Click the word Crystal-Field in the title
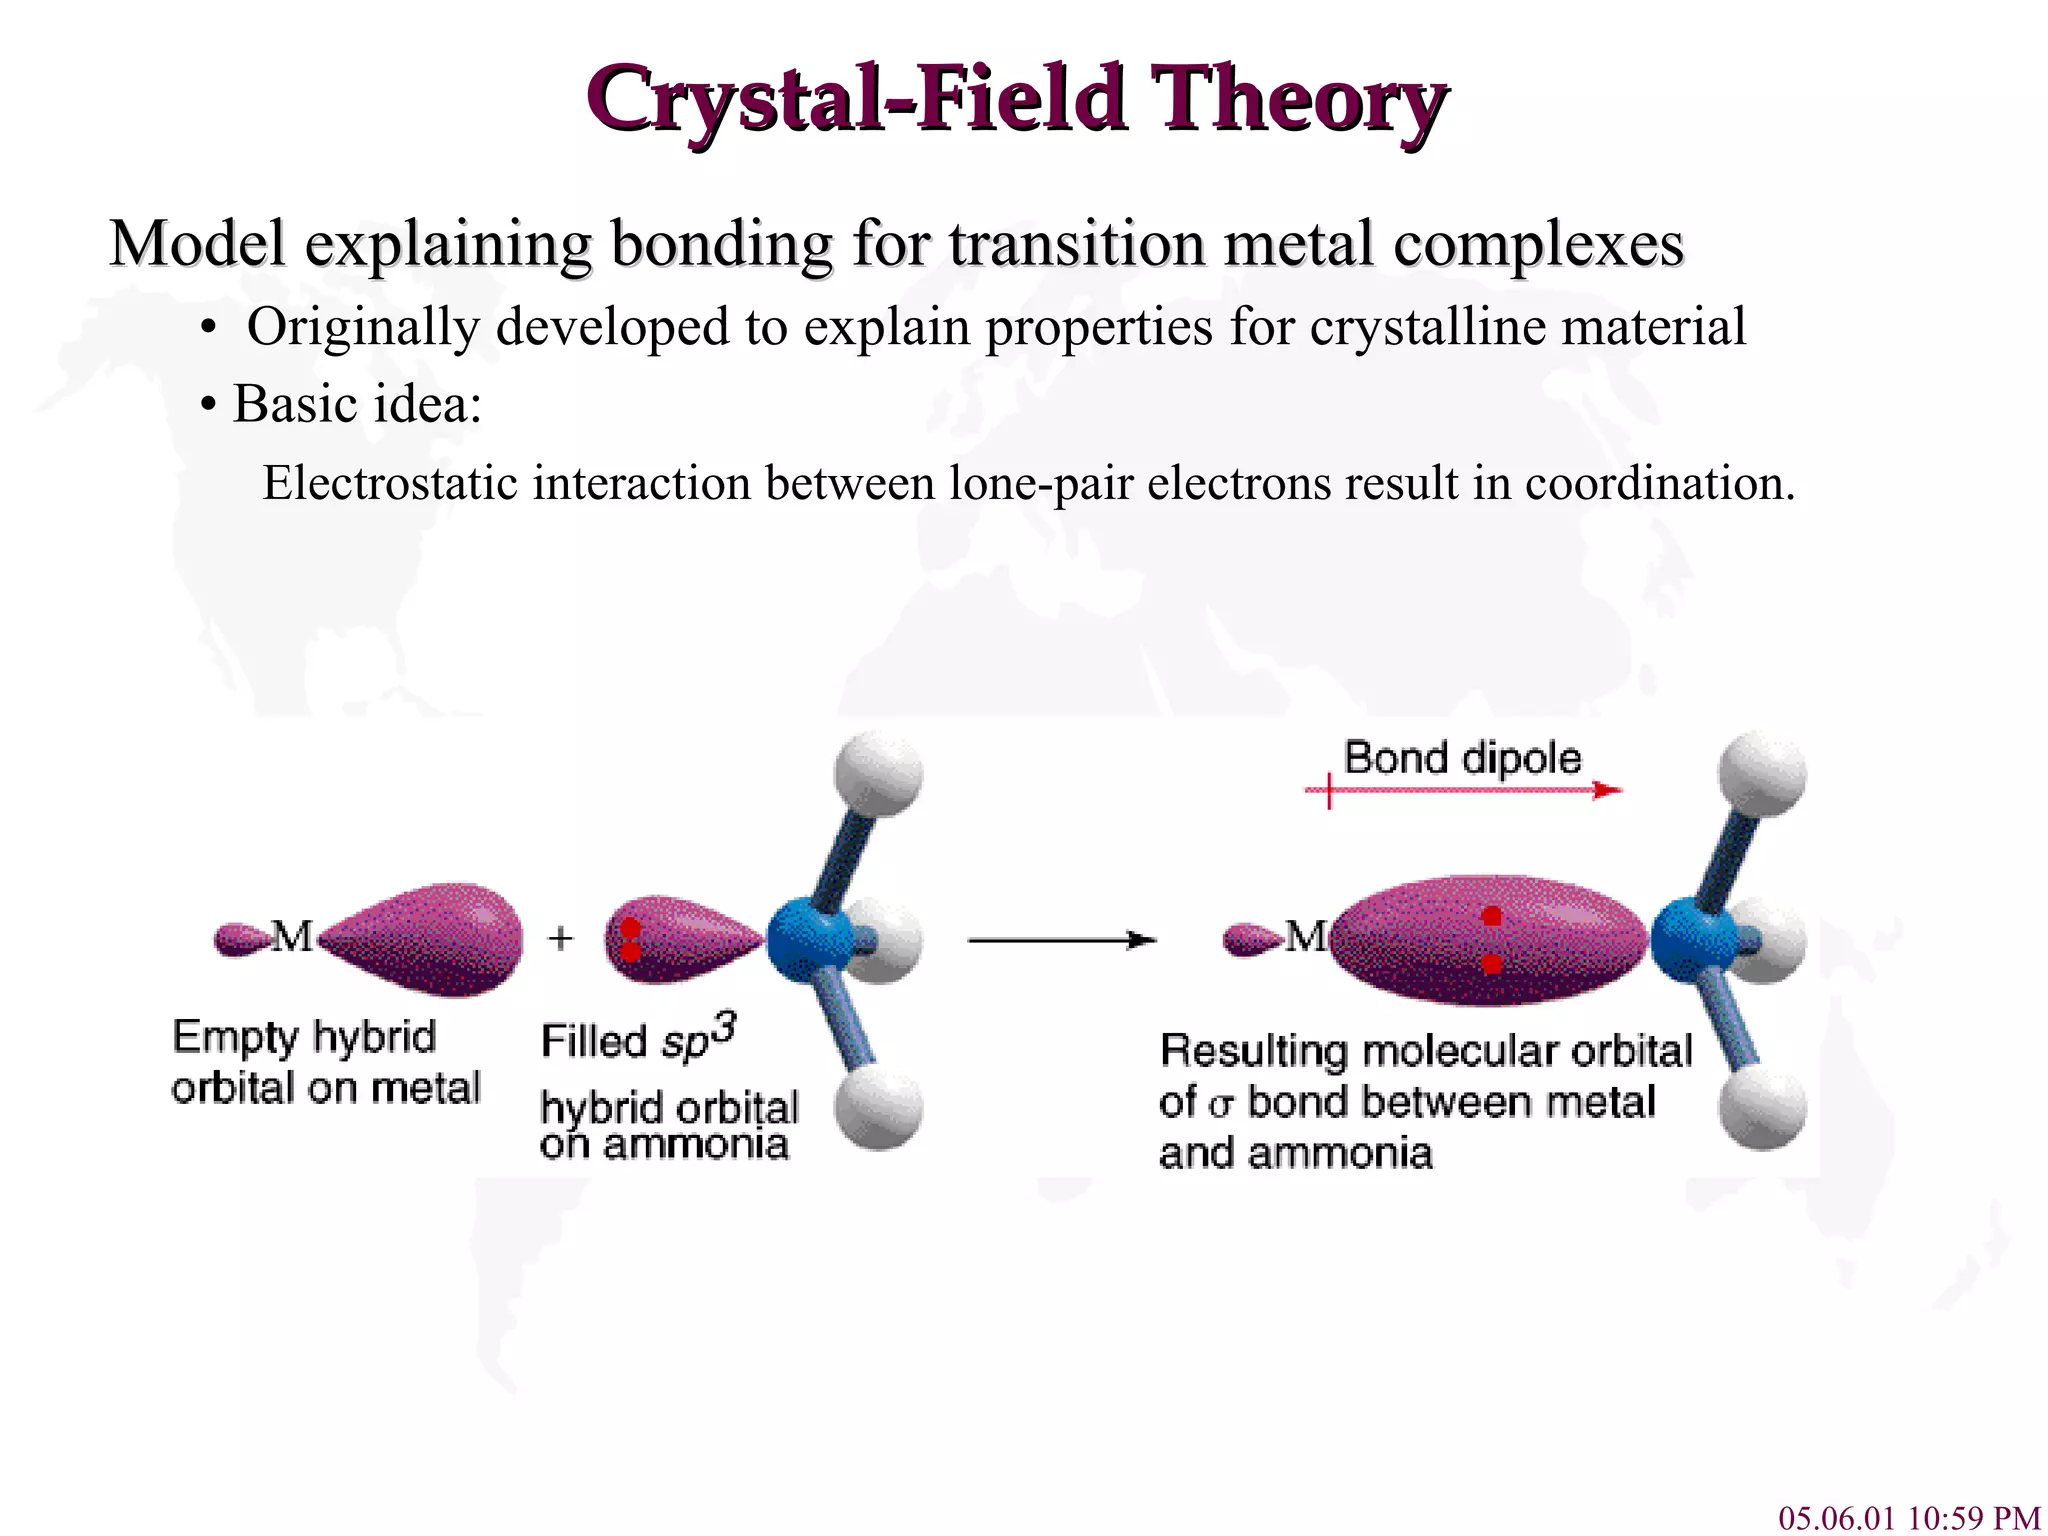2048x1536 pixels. tap(857, 98)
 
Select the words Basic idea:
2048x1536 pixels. tap(357, 404)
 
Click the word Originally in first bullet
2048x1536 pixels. tap(362, 327)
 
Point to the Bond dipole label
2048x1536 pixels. tap(1462, 758)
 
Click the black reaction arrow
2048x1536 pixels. tap(1062, 940)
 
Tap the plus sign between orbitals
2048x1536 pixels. tap(561, 938)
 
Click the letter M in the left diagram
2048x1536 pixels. tap(292, 937)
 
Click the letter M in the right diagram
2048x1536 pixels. tap(1306, 937)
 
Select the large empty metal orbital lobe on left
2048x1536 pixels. tap(425, 939)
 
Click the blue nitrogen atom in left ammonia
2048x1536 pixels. tap(810, 941)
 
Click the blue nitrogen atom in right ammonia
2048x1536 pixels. tap(1693, 941)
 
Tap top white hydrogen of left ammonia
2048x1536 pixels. tap(878, 775)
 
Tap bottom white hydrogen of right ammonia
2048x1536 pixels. tap(1762, 1106)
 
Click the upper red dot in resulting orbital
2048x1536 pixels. tap(1491, 916)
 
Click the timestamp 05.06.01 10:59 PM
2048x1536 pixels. tap(1908, 1517)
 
